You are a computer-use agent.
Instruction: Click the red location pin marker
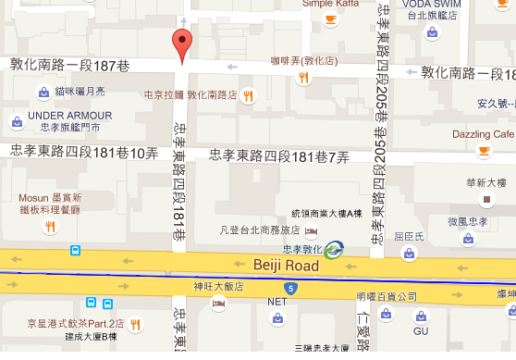point(183,43)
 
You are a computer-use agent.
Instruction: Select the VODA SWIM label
point(433,4)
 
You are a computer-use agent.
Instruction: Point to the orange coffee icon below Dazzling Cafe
point(484,151)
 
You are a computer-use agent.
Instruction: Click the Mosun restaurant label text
point(51,198)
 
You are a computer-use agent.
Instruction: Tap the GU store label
point(421,330)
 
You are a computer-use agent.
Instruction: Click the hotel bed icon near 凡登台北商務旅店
point(312,230)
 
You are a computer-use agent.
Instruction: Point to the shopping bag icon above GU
point(421,314)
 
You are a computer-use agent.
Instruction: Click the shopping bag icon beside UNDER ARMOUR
point(17,121)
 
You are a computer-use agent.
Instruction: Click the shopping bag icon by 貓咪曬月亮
point(43,92)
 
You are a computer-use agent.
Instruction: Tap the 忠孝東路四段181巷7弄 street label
point(279,157)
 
